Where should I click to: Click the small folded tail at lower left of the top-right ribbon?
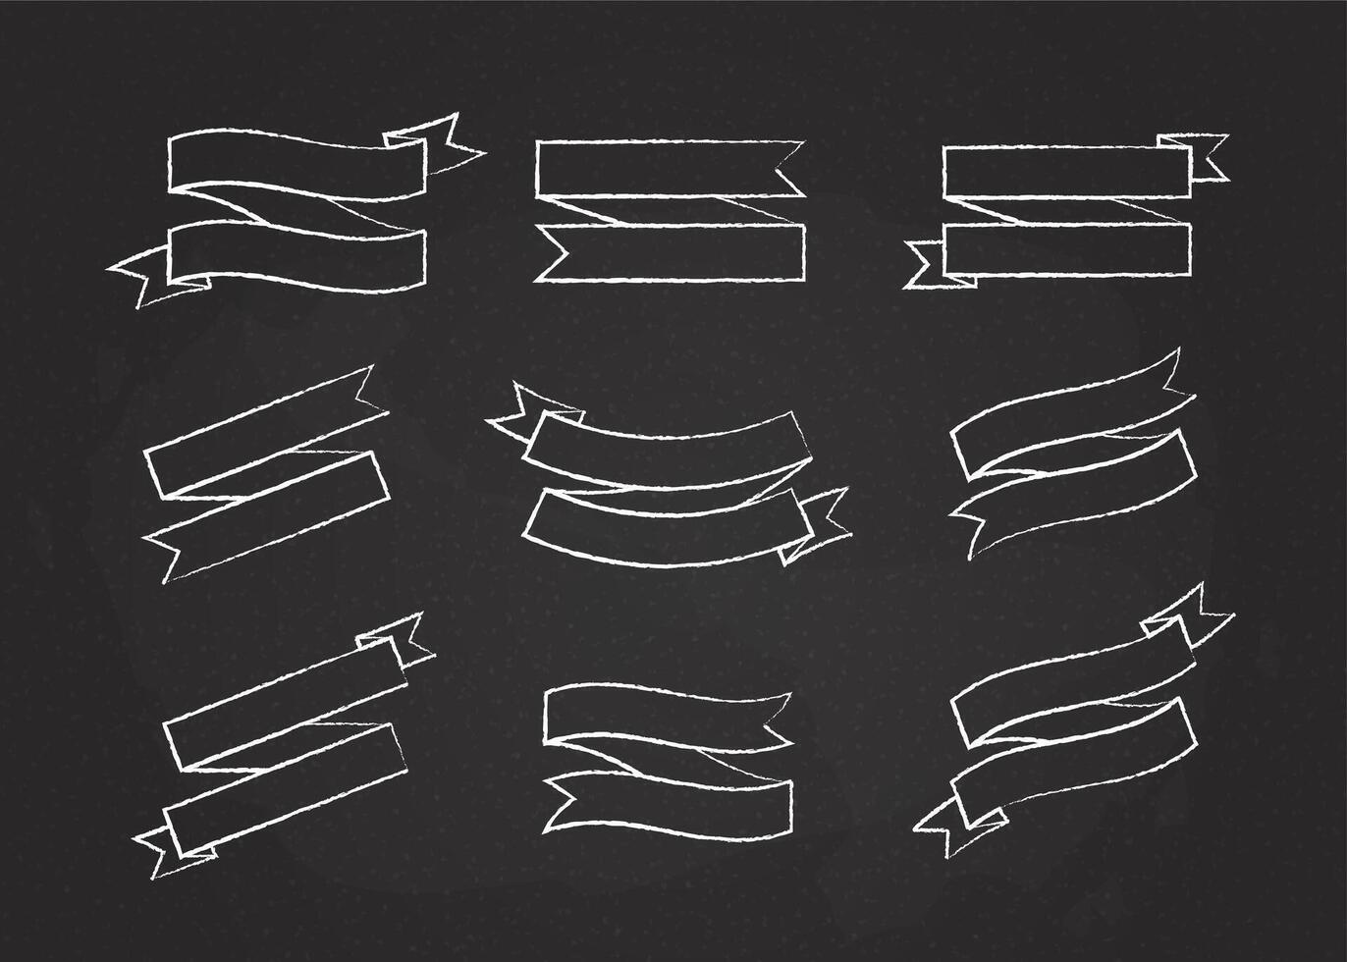[x=928, y=265]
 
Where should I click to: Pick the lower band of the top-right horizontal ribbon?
[x=1066, y=249]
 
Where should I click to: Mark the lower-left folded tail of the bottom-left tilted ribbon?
[x=162, y=844]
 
